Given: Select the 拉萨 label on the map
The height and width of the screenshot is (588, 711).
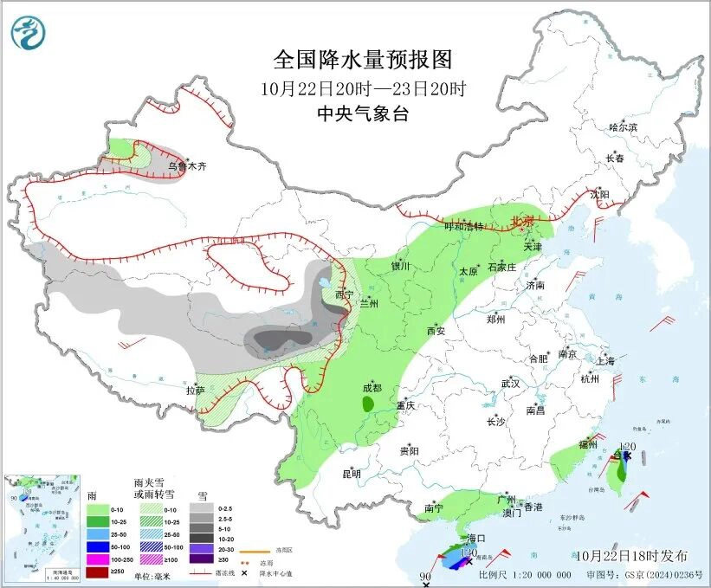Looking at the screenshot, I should [195, 391].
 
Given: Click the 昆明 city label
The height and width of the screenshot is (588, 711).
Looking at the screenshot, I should [351, 473].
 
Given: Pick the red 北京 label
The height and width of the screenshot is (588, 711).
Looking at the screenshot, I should [524, 221].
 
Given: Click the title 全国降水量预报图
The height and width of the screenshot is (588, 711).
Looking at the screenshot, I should [363, 60].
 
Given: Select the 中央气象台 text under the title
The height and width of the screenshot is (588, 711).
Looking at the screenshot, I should [363, 113].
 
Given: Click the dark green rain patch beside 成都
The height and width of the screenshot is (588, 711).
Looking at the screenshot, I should [368, 403].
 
